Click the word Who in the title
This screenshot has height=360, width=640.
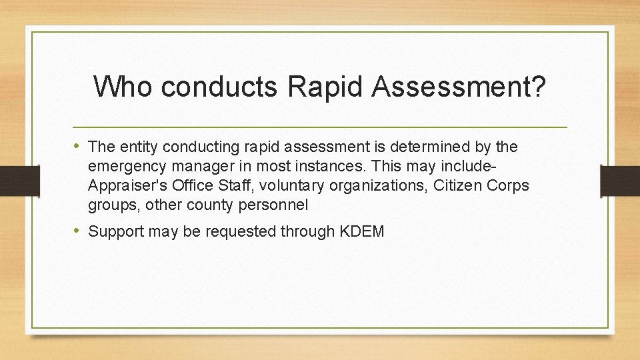(123, 87)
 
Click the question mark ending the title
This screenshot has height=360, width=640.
(539, 87)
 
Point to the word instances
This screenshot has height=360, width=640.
(331, 166)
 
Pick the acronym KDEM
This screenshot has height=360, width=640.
(362, 232)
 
